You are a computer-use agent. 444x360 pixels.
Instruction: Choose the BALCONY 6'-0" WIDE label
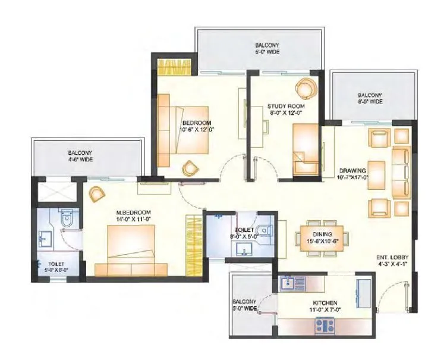(x=370, y=98)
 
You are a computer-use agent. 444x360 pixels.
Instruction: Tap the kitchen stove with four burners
(x=325, y=325)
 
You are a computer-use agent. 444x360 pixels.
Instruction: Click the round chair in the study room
(x=307, y=89)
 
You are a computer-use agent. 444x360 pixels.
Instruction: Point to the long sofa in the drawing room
(x=400, y=173)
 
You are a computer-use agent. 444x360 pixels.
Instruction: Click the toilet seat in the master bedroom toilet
(x=67, y=220)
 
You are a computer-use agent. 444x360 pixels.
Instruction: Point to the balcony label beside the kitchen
(x=244, y=305)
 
